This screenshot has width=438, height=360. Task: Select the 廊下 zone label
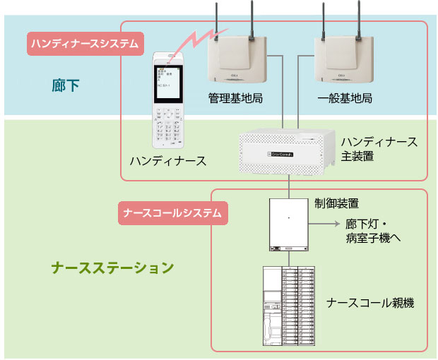66,86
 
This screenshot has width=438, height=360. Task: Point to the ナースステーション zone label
112,268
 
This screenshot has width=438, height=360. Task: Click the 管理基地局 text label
235,97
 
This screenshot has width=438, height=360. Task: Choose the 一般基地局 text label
345,97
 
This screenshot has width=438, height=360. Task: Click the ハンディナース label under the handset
168,161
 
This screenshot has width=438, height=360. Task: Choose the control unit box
289,224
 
